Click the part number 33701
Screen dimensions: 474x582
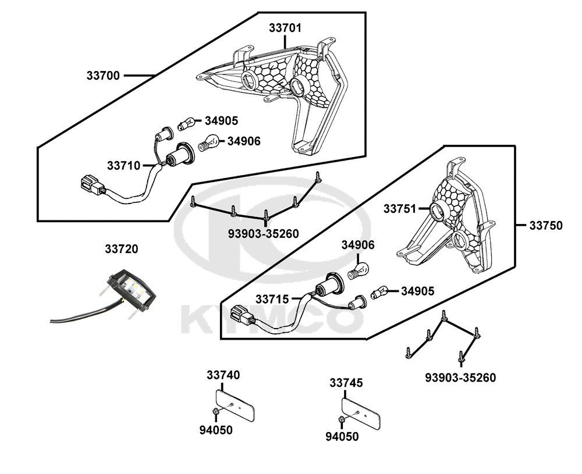pos(285,27)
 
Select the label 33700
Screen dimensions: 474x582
pos(103,76)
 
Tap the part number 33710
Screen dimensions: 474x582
pos(123,165)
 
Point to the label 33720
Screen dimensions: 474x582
pos(122,249)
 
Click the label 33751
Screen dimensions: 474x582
pos(400,208)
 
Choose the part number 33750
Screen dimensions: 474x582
pos(545,226)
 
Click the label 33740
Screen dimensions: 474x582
pos(223,375)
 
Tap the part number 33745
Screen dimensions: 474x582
pos(346,383)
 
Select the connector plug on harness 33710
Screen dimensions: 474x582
pos(91,186)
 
